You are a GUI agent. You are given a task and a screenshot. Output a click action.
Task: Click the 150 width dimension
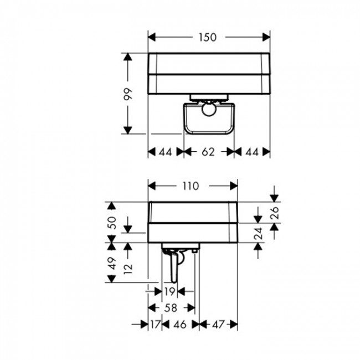click(208, 37)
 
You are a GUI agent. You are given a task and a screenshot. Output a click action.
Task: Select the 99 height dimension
click(128, 94)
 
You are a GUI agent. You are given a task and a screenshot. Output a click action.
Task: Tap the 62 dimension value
click(208, 152)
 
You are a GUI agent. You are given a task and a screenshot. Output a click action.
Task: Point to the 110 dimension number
click(191, 186)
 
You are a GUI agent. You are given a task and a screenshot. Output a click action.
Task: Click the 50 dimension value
click(112, 223)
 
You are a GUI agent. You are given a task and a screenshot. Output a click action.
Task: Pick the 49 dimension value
click(112, 263)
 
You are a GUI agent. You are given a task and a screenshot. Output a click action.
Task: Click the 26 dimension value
click(275, 213)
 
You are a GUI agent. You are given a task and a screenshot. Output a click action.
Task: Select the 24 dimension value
click(259, 233)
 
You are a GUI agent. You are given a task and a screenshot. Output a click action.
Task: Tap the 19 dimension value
click(170, 291)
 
